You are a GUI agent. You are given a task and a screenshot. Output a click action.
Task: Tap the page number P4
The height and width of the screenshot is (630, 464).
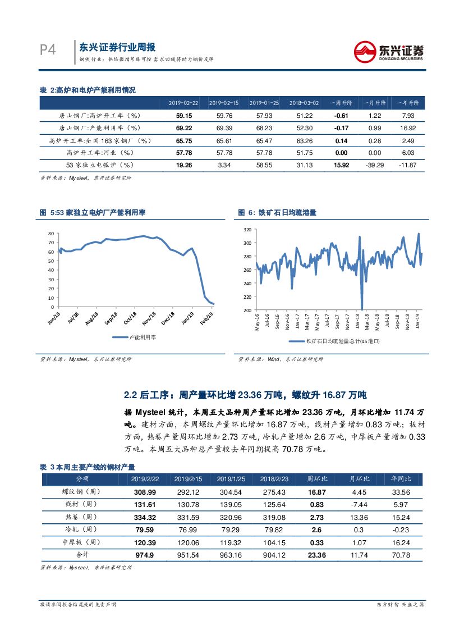tap(48, 50)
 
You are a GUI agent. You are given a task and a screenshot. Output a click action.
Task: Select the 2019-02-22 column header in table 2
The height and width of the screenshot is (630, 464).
tap(183, 103)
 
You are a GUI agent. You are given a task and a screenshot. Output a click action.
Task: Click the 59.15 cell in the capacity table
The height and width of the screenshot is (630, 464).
tap(183, 115)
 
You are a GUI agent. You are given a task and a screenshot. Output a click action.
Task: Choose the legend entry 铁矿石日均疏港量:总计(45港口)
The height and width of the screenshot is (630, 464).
tap(334, 341)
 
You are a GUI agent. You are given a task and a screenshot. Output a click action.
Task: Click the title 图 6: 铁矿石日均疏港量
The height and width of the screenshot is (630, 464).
tap(277, 213)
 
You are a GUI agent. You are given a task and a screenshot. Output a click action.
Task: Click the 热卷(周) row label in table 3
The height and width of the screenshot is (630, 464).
tap(82, 517)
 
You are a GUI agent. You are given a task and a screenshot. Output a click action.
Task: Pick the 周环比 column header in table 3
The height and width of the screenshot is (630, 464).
tap(317, 478)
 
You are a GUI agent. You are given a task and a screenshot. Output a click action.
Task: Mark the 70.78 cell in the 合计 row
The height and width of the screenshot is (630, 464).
tap(401, 555)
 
